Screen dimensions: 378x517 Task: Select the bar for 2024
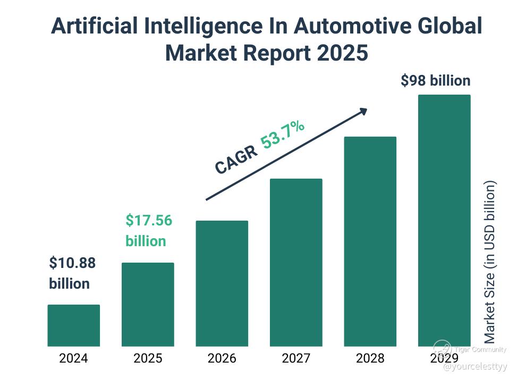pos(74,325)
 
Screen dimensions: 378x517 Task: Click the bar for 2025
pos(148,304)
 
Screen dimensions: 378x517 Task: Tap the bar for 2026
pos(222,283)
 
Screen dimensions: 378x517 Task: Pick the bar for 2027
pos(296,262)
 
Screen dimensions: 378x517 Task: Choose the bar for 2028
pos(370,241)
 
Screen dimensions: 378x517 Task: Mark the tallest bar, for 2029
pos(444,220)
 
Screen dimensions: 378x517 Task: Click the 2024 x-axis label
pos(74,358)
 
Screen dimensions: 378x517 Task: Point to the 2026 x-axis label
pos(222,358)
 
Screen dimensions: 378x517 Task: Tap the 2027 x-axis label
pos(296,358)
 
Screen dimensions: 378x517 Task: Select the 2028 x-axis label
pos(370,358)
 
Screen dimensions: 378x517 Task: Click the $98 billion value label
pos(435,81)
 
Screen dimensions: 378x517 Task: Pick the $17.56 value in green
pos(149,220)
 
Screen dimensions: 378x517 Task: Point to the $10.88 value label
pos(72,263)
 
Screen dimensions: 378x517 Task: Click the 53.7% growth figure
pos(283,136)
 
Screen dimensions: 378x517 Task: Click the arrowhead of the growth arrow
pos(363,111)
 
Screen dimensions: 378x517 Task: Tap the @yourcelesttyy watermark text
pos(475,367)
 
